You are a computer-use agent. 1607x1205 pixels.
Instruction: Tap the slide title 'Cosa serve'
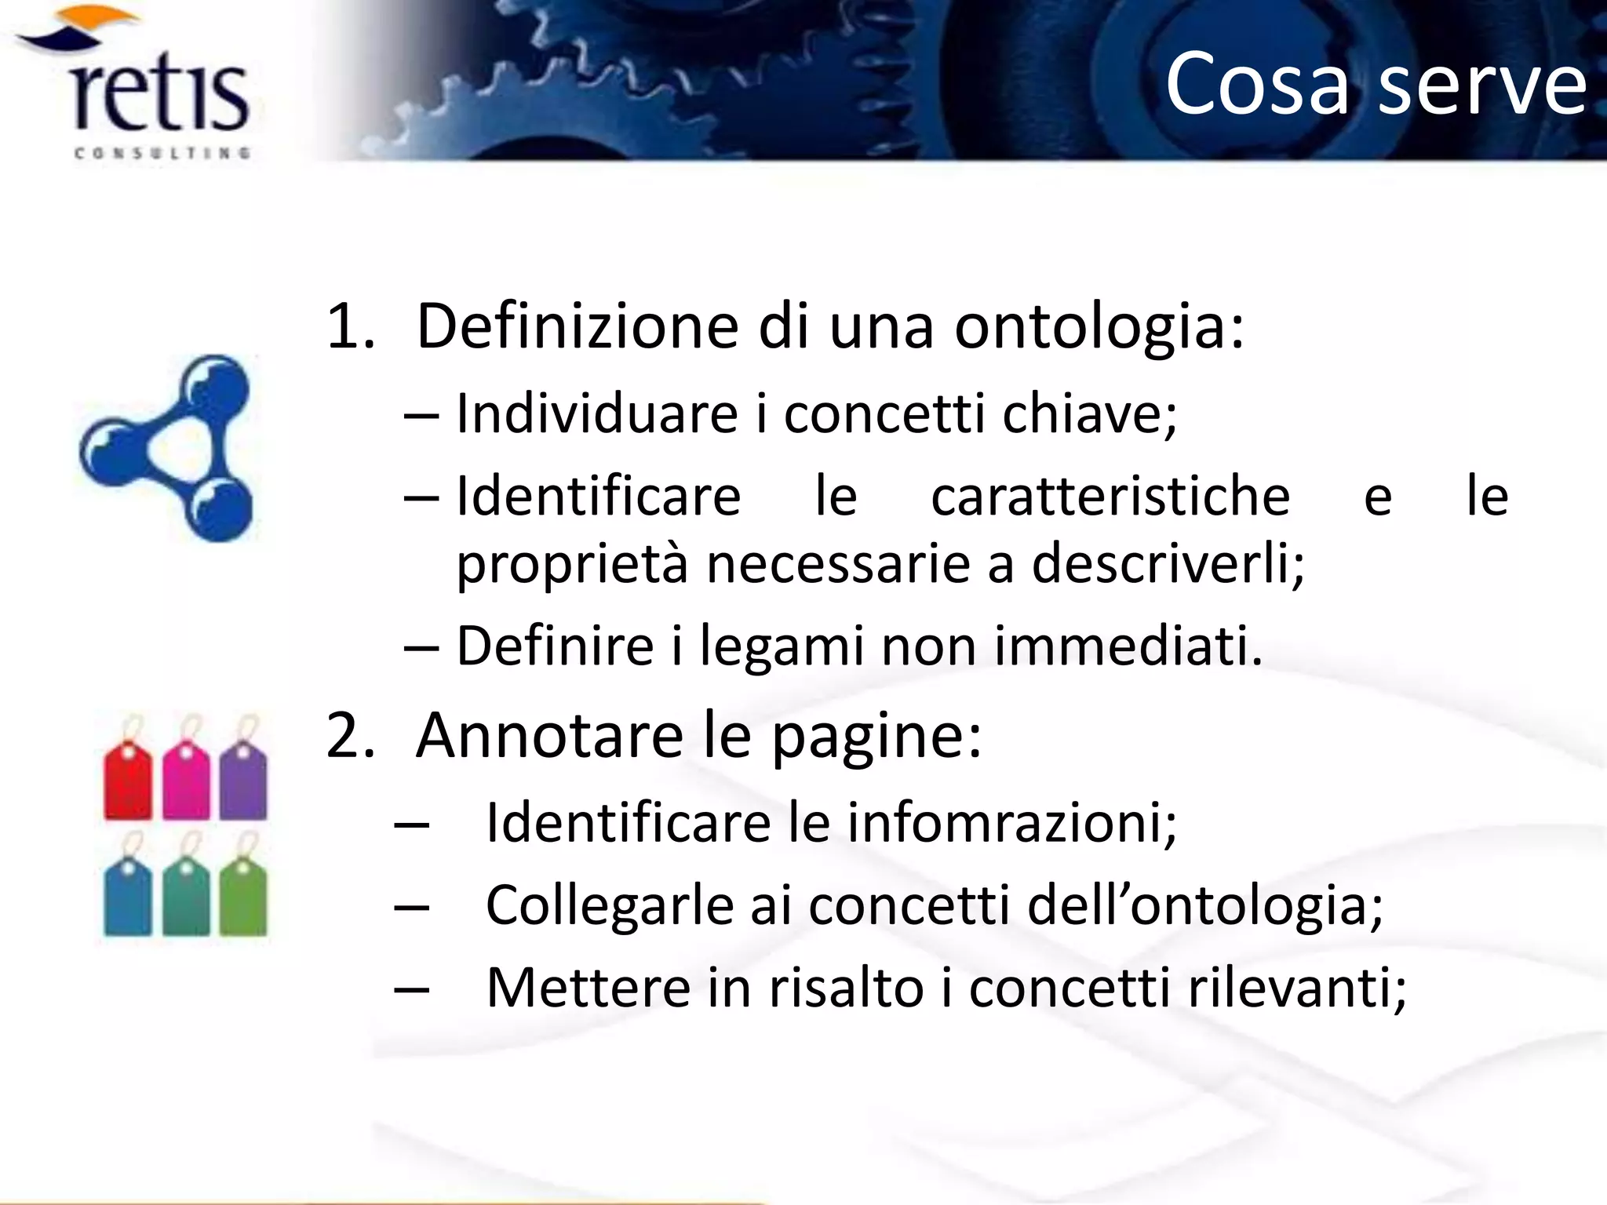[x=1375, y=83]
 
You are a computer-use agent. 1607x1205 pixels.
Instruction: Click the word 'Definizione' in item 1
[x=578, y=326]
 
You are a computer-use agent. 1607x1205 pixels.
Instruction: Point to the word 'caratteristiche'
[x=1110, y=496]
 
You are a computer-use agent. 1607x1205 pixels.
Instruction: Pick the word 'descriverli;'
[x=1168, y=563]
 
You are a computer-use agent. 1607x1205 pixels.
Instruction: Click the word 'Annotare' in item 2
[x=549, y=736]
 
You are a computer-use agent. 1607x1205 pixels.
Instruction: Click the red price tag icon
[x=128, y=781]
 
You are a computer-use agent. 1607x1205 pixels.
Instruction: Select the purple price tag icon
[x=243, y=781]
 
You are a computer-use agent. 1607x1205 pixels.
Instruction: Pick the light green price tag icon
[x=243, y=896]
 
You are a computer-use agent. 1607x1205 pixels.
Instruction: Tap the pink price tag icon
[x=186, y=781]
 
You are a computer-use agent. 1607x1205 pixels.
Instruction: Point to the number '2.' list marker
[x=350, y=736]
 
